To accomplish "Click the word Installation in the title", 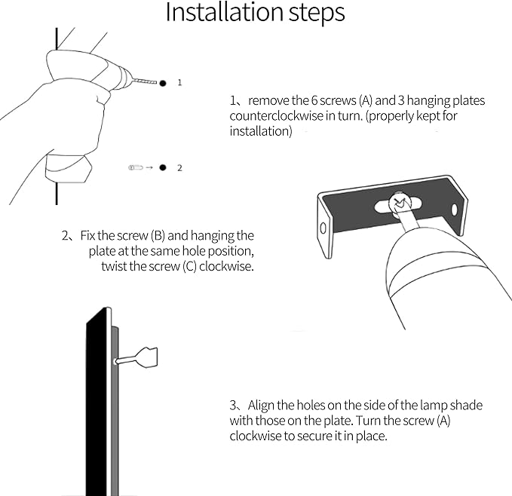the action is [225, 12].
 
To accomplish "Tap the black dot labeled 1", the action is [163, 83].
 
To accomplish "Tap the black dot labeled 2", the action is [163, 167].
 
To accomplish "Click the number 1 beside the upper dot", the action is [179, 82].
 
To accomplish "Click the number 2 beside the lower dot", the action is [179, 168].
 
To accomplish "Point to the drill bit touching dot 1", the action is [145, 81].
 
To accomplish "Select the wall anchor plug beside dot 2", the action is [136, 168].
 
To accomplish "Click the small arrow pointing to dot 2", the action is [149, 168].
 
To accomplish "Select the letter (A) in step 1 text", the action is [366, 100].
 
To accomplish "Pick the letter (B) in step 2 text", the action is [158, 236].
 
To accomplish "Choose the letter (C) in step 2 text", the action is [190, 266].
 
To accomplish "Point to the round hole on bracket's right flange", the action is [454, 210].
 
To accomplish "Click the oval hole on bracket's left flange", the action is [323, 228].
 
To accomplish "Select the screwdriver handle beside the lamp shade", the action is [147, 357].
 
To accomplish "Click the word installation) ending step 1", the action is [261, 131].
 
